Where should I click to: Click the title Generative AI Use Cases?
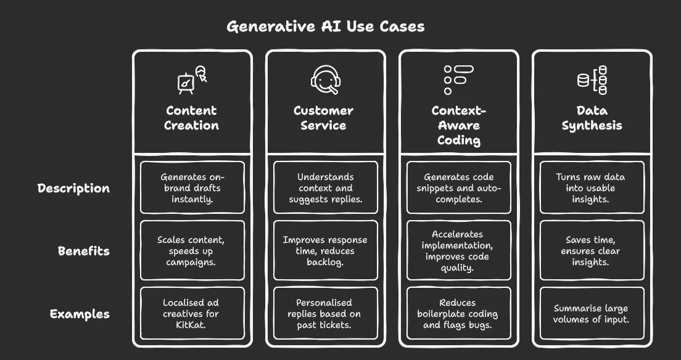click(326, 27)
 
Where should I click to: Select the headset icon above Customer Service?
click(326, 80)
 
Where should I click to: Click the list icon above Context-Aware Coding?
click(459, 80)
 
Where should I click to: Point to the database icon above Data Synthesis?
click(592, 80)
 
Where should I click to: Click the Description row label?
click(73, 188)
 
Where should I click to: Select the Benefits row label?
click(84, 251)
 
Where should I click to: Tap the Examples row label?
click(80, 314)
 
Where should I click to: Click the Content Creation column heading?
click(191, 118)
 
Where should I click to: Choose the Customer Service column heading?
click(324, 118)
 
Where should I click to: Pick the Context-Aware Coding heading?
click(459, 126)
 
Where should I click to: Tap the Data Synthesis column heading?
click(592, 118)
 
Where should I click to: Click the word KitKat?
click(191, 325)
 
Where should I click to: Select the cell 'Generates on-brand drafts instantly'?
click(192, 187)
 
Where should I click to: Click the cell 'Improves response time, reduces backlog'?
click(326, 250)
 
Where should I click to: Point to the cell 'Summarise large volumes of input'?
click(592, 314)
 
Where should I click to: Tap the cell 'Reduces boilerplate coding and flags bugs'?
click(459, 314)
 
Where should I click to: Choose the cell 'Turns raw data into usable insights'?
click(592, 187)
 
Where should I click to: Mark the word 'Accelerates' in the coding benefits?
click(457, 234)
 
